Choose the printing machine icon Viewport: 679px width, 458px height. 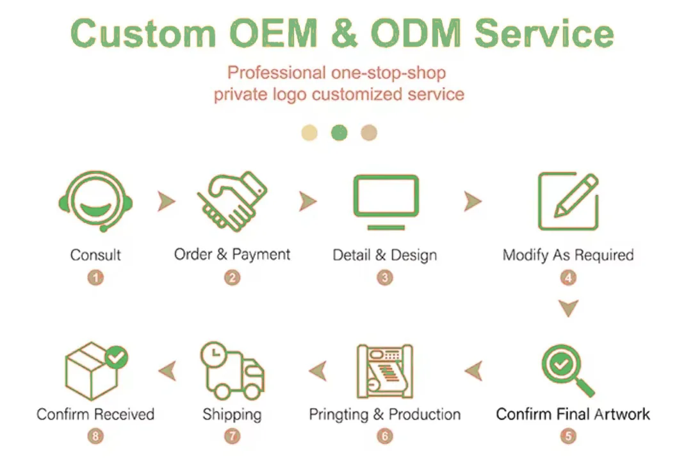tap(385, 371)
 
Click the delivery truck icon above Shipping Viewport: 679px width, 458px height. tap(232, 371)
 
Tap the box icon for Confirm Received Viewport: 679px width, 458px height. tap(95, 370)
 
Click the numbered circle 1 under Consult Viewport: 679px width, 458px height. tap(95, 278)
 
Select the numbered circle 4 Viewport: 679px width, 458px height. tap(568, 278)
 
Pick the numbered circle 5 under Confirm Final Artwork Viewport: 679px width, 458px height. tap(568, 436)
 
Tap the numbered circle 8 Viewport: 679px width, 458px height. tap(95, 436)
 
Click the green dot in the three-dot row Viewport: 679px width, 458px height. tap(339, 133)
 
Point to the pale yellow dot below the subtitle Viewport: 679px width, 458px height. tap(309, 133)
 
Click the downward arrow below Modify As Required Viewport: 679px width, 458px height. tap(568, 309)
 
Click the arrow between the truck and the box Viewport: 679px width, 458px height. tap(168, 370)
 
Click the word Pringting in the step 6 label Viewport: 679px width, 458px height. tap(338, 414)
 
